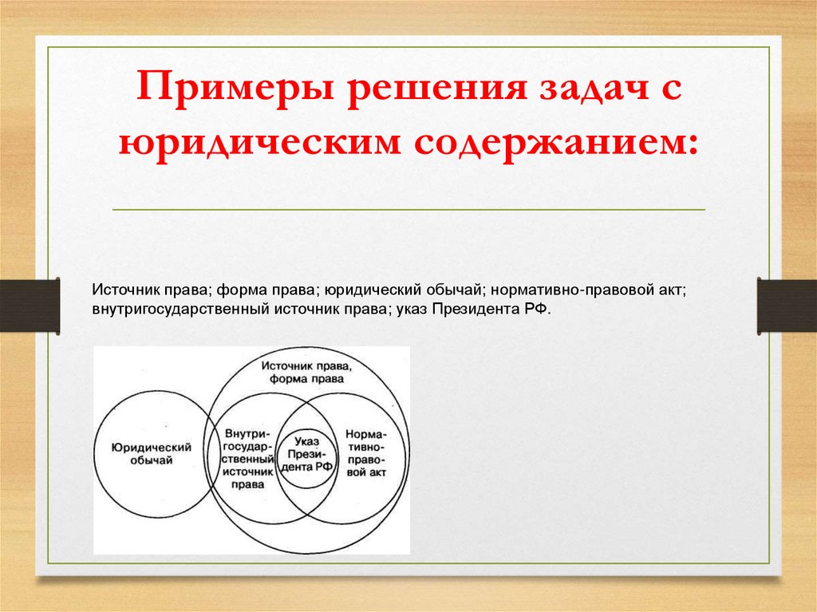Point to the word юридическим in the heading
tap(257, 143)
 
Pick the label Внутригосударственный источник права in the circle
tap(248, 452)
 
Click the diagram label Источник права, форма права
tap(307, 372)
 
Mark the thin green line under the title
tap(408, 210)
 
